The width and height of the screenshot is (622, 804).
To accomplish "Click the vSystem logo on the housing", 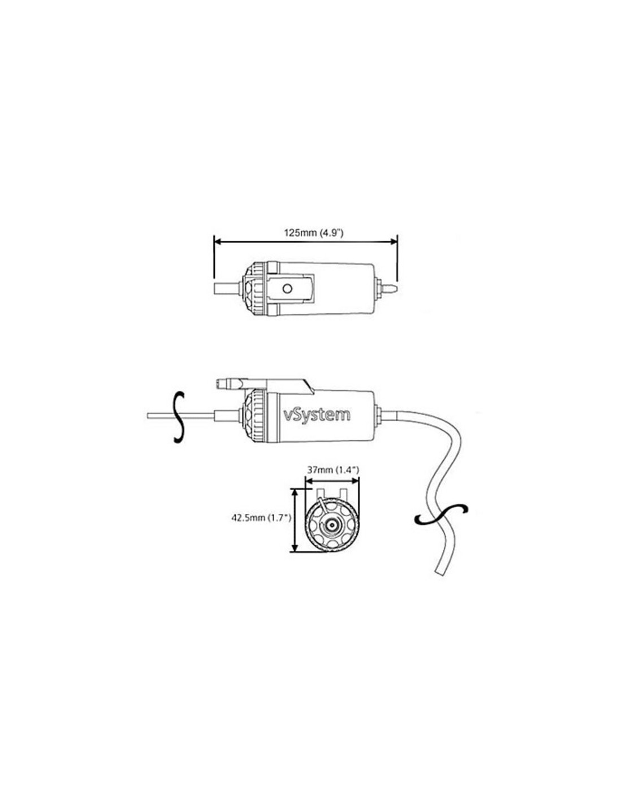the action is coord(316,415).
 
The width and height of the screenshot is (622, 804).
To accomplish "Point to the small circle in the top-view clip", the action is coord(287,288).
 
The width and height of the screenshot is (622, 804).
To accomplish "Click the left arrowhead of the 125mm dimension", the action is coord(218,241).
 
